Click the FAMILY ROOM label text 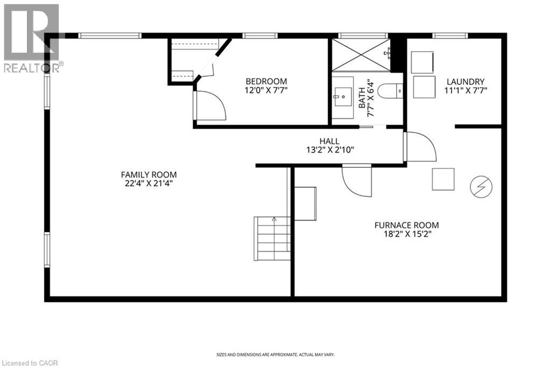coord(149,174)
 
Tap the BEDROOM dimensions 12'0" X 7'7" coord(266,91)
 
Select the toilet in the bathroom coord(390,91)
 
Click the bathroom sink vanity coord(341,99)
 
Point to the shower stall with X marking coord(361,55)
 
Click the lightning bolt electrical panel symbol coord(478,187)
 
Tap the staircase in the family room coord(273,238)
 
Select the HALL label coord(330,141)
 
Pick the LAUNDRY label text coord(465,82)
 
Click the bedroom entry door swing coord(210,105)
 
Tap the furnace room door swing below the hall coord(357,181)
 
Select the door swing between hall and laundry coord(420,146)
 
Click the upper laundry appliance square coord(422,62)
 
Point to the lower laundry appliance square coord(424,87)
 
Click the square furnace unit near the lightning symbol coord(443,179)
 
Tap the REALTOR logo coord(32,38)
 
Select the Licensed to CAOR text coord(26,362)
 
